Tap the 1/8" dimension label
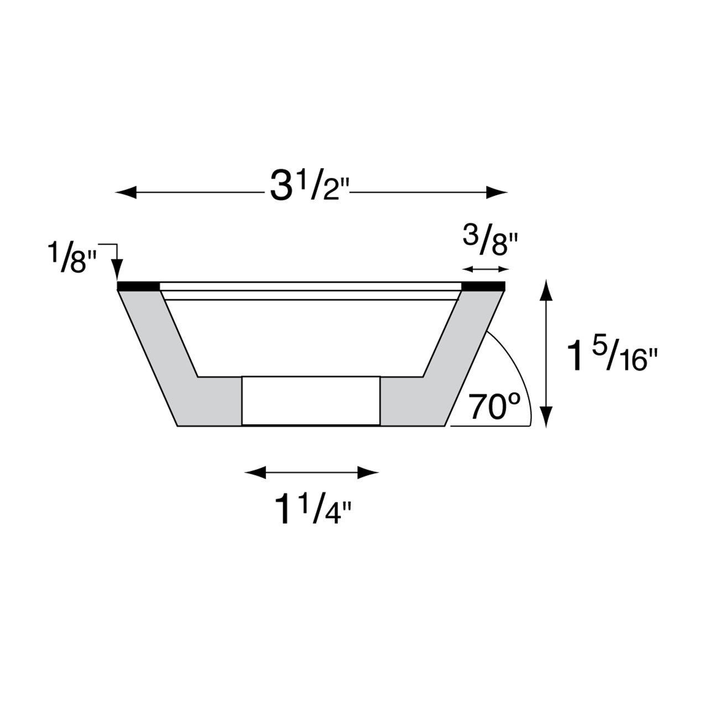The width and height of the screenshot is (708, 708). pos(72,258)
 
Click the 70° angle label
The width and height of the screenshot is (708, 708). pos(495,407)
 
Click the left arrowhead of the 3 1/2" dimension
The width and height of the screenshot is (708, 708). pos(127,192)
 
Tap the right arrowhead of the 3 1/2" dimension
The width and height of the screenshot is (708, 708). pos(497,192)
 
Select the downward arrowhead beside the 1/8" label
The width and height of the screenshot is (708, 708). pos(117,270)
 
